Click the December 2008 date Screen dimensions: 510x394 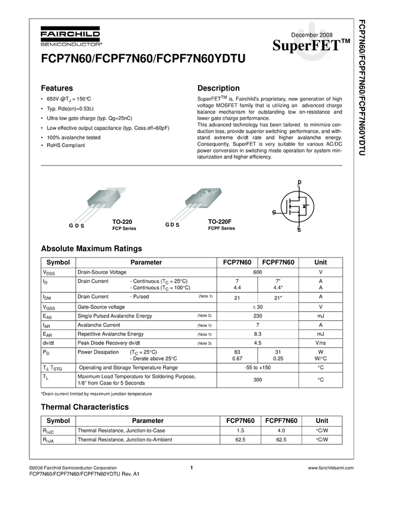(x=312, y=35)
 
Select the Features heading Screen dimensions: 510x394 (x=57, y=88)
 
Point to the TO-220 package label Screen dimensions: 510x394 (x=122, y=222)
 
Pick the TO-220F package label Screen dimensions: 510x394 (x=220, y=222)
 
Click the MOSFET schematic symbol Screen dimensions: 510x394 (x=297, y=206)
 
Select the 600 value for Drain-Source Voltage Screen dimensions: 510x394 (x=258, y=272)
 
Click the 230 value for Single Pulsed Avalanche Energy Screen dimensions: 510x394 (x=258, y=316)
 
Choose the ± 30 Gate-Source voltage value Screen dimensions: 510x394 (x=258, y=307)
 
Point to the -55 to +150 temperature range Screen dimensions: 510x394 (x=258, y=367)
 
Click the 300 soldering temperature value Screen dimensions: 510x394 (x=258, y=380)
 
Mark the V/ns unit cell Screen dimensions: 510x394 (x=321, y=343)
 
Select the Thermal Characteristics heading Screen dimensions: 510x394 (x=85, y=407)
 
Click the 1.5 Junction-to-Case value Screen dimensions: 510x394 (x=240, y=431)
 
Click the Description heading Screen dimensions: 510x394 (x=218, y=88)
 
